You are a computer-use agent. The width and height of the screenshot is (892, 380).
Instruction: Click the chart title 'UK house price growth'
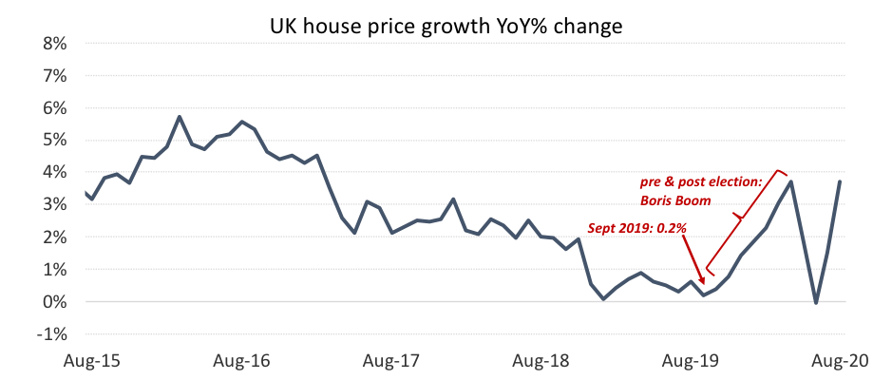tap(446, 27)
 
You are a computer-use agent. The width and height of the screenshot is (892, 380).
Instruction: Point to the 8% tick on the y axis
tap(53, 44)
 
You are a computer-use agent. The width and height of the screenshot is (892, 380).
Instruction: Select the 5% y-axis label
tap(53, 141)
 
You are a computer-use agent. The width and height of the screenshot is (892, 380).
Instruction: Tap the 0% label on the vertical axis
tap(53, 302)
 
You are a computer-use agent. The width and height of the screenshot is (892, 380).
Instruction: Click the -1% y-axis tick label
tap(50, 334)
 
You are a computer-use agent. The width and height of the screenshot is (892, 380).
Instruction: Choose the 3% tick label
tap(53, 205)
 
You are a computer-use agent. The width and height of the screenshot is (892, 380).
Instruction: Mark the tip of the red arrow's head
tap(704, 283)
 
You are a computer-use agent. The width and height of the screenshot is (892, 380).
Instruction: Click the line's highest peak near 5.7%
tap(180, 117)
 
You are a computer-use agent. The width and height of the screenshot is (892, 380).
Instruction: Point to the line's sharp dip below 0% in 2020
tap(816, 303)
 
